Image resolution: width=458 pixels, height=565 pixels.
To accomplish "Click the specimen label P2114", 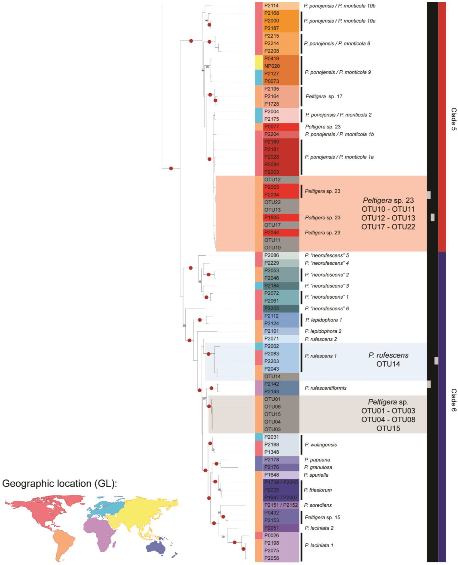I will (x=271, y=6).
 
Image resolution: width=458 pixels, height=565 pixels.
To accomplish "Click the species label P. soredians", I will (x=318, y=505).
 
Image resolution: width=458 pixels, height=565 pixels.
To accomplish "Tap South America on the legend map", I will (x=63, y=543).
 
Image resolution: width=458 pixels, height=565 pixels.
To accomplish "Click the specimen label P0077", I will (x=271, y=127).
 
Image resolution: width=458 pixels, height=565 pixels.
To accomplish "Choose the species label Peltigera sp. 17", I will (x=324, y=96).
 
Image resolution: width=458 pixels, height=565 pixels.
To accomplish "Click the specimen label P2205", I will (x=271, y=308).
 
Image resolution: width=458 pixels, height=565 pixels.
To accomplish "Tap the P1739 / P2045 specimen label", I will (x=281, y=483).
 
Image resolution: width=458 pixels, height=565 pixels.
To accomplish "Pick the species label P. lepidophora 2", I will (x=323, y=331).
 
